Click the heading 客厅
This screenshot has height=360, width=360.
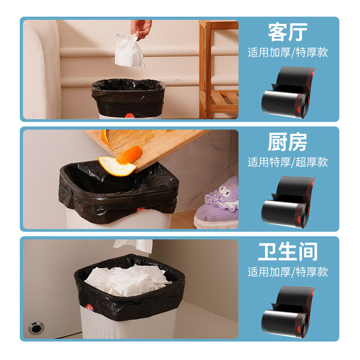tap(288, 32)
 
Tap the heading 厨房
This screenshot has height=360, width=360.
tap(288, 142)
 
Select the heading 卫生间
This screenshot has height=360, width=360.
tap(288, 252)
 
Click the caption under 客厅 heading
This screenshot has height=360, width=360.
tap(288, 52)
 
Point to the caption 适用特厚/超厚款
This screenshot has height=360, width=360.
tap(288, 162)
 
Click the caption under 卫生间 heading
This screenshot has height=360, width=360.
tap(288, 272)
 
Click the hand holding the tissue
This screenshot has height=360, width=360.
tap(143, 28)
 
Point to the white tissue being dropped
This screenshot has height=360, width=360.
tap(129, 51)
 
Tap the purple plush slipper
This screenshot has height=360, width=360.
tap(219, 202)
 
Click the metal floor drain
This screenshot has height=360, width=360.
tap(35, 328)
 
